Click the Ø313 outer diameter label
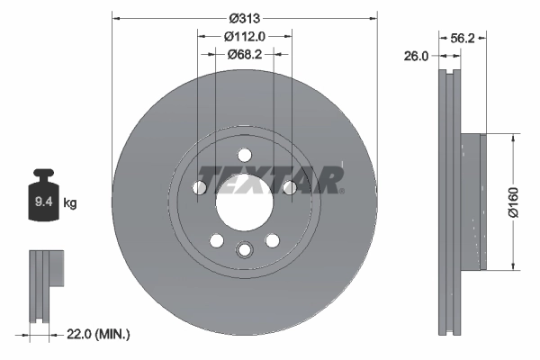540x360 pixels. click(x=244, y=18)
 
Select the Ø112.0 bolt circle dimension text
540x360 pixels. click(x=244, y=36)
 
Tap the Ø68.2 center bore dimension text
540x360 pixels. click(x=244, y=54)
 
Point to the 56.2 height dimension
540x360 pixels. click(x=461, y=38)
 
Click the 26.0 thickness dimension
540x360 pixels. click(x=416, y=56)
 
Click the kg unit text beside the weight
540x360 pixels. click(x=70, y=203)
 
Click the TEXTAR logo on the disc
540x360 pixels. click(x=270, y=179)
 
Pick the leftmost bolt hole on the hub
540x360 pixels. click(x=200, y=187)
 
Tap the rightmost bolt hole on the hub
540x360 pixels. click(x=288, y=187)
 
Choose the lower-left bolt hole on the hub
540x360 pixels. click(x=217, y=240)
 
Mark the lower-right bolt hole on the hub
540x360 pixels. click(x=271, y=240)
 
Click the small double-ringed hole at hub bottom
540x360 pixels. click(x=244, y=251)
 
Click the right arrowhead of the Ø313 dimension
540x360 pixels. click(x=371, y=18)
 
